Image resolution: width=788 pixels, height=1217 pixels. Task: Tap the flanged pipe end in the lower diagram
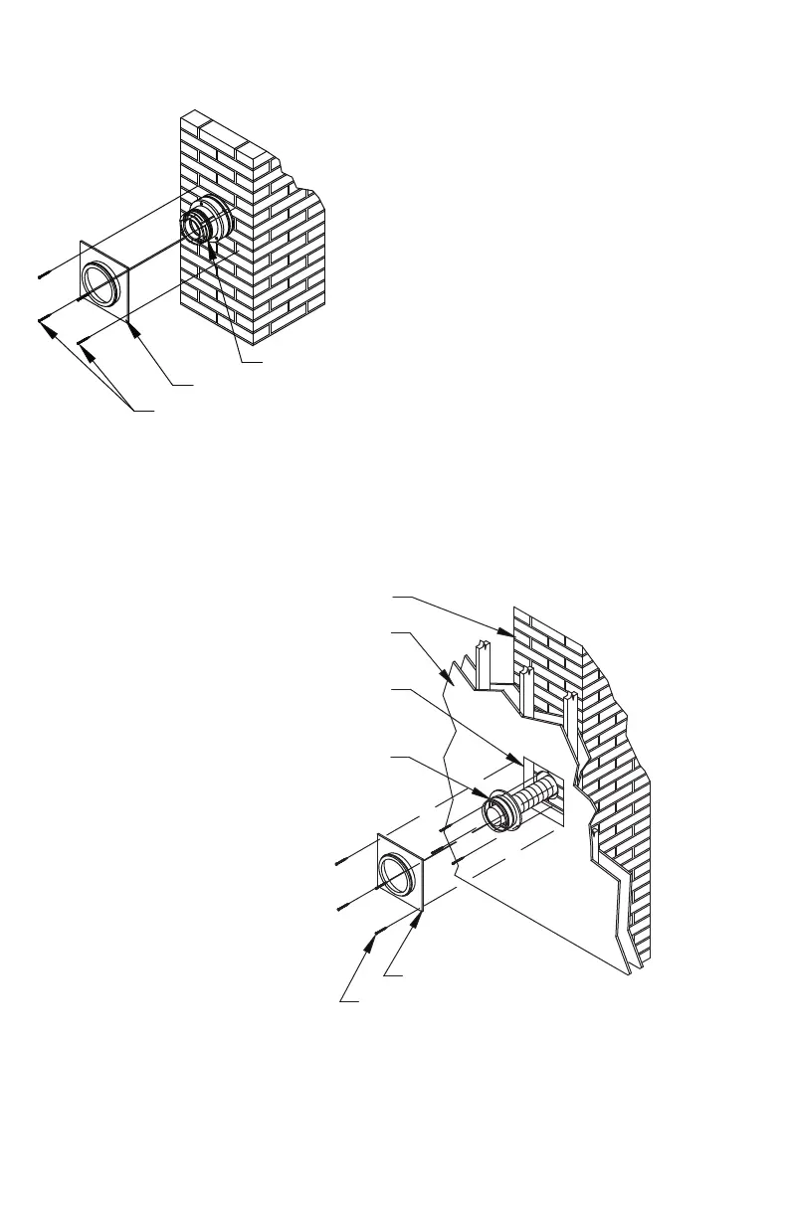click(497, 811)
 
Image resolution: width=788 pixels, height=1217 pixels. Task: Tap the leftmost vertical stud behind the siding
click(481, 663)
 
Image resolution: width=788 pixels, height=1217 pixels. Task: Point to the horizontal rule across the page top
click(394, 32)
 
